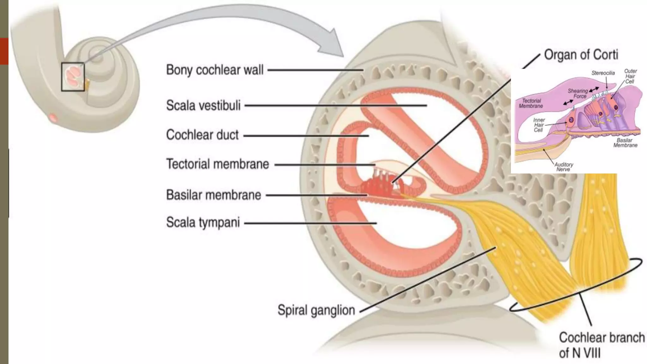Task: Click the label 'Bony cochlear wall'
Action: [x=215, y=70]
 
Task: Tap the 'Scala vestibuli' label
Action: [x=203, y=105]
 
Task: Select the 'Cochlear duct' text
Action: [x=202, y=135]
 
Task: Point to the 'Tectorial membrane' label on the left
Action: [x=217, y=164]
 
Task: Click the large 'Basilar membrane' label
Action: [x=214, y=195]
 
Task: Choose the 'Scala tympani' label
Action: [x=203, y=222]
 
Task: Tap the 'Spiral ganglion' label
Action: [x=316, y=310]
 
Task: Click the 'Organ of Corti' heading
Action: [x=581, y=55]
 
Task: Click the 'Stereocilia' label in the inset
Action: [x=603, y=73]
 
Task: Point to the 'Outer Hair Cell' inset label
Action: [x=630, y=76]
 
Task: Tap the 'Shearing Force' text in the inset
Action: [x=577, y=94]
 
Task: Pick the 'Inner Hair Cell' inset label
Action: [x=539, y=125]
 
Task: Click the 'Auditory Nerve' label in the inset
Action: [x=563, y=167]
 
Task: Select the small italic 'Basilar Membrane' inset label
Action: [x=625, y=143]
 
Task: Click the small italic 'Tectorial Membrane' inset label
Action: [x=531, y=103]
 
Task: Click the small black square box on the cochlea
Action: [x=73, y=77]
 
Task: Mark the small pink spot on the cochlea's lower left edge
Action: [x=53, y=118]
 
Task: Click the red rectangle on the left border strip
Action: [x=4, y=51]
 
